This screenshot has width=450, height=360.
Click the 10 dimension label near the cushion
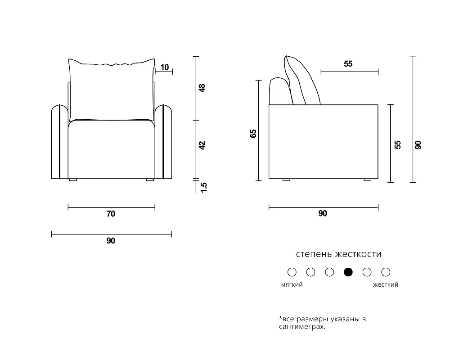[x=164, y=67]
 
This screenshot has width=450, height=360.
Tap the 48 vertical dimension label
[x=202, y=88]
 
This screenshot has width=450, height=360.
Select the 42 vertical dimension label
[x=202, y=145]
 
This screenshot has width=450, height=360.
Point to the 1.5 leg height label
[x=203, y=188]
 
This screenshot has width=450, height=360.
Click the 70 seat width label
[x=111, y=214]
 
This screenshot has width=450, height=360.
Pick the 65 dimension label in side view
[x=253, y=134]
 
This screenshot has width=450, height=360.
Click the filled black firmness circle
[x=348, y=272]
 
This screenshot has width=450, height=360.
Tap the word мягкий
[x=292, y=284]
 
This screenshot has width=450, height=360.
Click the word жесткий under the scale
[x=386, y=284]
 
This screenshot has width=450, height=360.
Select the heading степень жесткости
[x=339, y=254]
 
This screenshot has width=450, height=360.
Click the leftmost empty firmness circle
[x=292, y=272]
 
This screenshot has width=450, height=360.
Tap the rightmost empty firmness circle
[x=386, y=272]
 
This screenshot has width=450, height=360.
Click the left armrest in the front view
[x=59, y=142]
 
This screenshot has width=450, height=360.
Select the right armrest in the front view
[x=163, y=142]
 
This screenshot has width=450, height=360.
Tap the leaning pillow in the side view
[x=301, y=81]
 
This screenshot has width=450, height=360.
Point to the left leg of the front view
[x=73, y=180]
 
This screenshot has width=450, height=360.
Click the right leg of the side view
[x=367, y=180]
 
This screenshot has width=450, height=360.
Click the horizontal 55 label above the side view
[x=348, y=64]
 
